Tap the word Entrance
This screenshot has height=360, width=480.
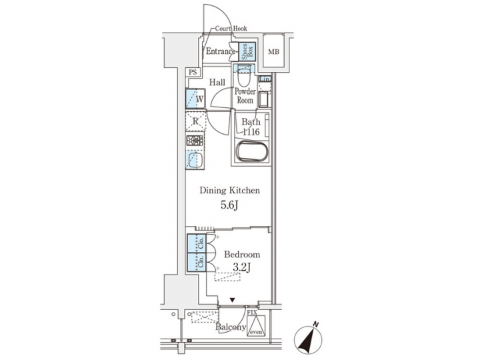pyautogui.click(x=221, y=52)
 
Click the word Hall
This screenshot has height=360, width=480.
pyautogui.click(x=217, y=83)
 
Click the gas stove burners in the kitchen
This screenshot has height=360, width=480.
pyautogui.click(x=194, y=141)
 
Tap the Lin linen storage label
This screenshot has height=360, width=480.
pyautogui.click(x=264, y=81)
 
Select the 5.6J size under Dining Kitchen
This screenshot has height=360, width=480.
pyautogui.click(x=230, y=205)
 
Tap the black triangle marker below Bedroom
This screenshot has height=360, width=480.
pyautogui.click(x=232, y=301)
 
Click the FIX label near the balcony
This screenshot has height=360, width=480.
pyautogui.click(x=253, y=312)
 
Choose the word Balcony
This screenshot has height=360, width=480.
pyautogui.click(x=230, y=327)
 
